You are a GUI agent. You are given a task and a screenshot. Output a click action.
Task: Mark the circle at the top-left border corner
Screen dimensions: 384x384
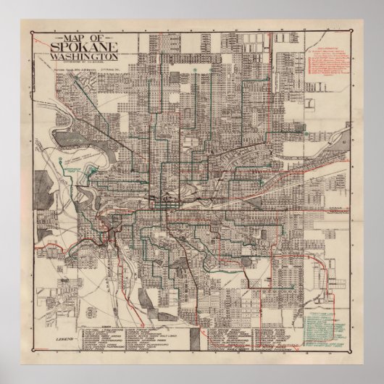point(30,30)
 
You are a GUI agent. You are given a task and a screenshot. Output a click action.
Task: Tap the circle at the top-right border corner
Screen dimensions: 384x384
point(354,30)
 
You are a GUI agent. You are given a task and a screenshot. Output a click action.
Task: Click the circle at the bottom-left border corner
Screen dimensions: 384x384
point(30,353)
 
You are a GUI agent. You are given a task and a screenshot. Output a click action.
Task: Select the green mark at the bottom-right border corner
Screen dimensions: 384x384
point(354,353)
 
